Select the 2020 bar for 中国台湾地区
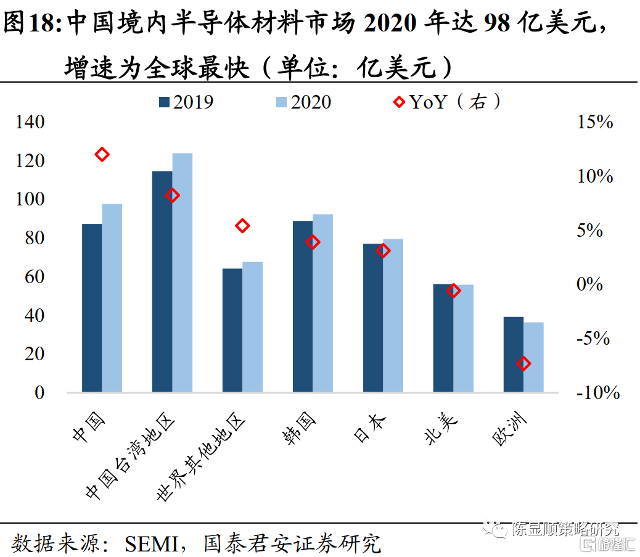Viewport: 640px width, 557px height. [182, 272]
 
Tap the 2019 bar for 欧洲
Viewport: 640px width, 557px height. [514, 354]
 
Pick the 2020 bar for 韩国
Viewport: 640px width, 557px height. [322, 303]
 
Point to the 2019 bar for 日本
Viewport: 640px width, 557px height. [373, 318]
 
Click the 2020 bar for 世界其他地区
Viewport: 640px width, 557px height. [252, 327]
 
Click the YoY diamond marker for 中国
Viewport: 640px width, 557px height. [102, 154]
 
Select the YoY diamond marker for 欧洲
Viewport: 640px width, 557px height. [524, 363]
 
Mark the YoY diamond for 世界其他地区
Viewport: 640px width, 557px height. [243, 226]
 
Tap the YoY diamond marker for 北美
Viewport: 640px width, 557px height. [454, 291]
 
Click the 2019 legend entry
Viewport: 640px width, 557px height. [186, 102]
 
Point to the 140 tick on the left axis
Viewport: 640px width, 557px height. [31, 122]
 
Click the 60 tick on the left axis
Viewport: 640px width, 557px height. [35, 277]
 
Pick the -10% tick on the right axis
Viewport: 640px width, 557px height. [597, 392]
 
